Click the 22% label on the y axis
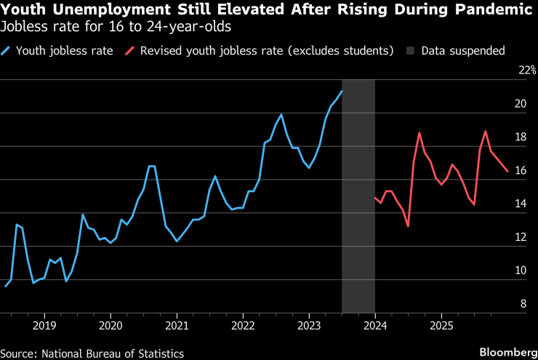point(526,71)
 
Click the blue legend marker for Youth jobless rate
point(7,51)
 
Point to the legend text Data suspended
point(465,51)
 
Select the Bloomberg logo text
point(504,352)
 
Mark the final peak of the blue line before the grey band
point(342,91)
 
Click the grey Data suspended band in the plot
point(358,196)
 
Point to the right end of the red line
point(507,172)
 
